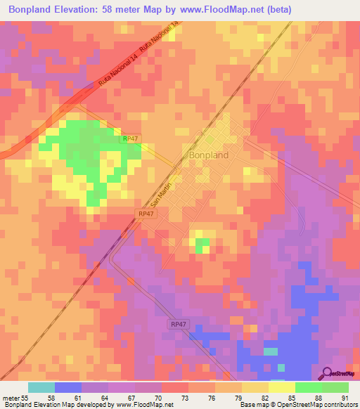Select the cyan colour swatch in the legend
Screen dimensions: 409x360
coord(41,387)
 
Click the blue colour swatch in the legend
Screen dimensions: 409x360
coord(68,387)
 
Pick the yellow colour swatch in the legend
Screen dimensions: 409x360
coord(282,387)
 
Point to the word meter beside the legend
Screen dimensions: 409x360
coord(12,397)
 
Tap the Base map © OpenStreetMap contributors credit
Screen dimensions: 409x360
coord(297,405)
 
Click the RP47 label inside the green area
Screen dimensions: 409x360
coord(130,140)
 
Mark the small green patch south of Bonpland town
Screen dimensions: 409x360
coord(202,245)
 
